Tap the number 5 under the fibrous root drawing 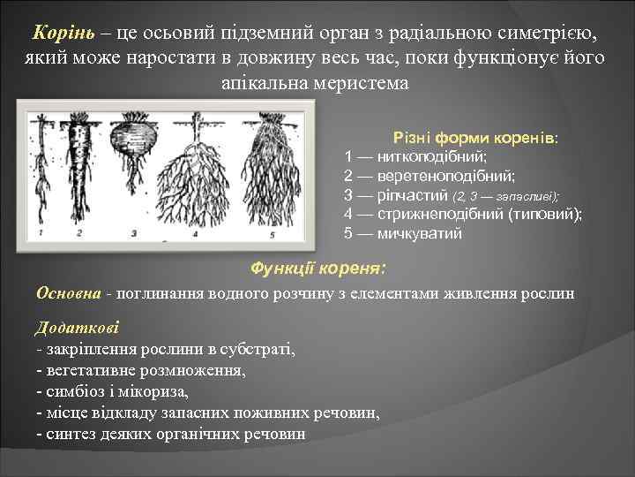[x=272, y=235]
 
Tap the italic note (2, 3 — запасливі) [x=505, y=196]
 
